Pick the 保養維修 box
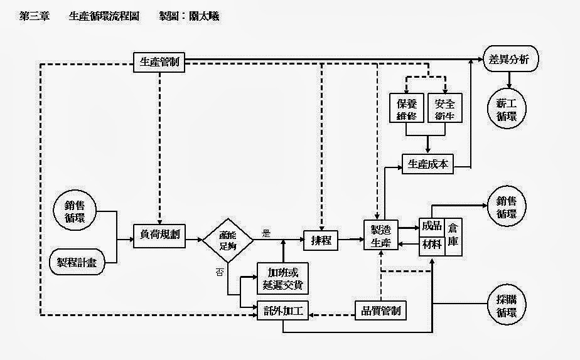tap(406, 109)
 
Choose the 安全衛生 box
tap(444, 109)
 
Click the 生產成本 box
tap(427, 164)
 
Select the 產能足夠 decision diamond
tap(228, 239)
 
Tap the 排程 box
tap(321, 240)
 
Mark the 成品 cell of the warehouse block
tap(432, 226)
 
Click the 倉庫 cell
tap(453, 237)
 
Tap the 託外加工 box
tap(282, 310)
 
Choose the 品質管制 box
tap(381, 310)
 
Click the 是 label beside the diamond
tap(266, 233)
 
